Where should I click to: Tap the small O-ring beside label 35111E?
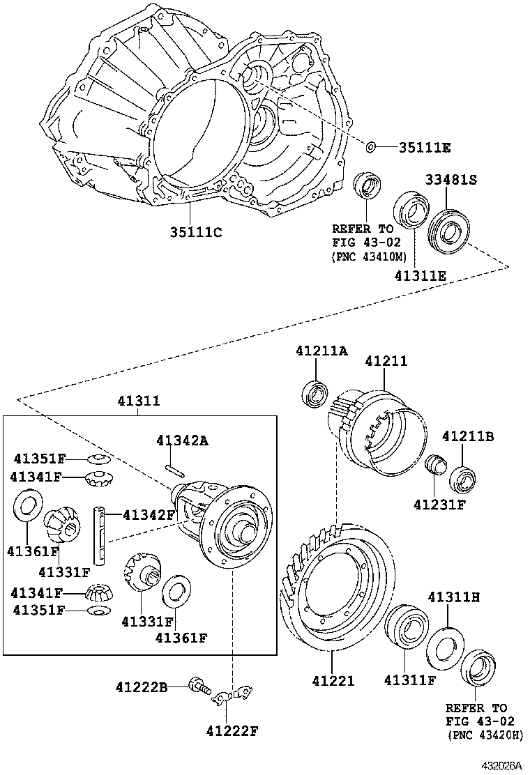[372, 147]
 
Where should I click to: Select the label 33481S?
[451, 180]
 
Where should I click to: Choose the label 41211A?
[320, 351]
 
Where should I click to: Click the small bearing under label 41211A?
[318, 394]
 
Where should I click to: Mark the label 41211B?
[468, 436]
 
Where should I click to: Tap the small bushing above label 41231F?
[436, 464]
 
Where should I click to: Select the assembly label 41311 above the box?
[138, 401]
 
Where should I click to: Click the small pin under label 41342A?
[174, 470]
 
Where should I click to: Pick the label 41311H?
[454, 597]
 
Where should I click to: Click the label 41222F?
[232, 730]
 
